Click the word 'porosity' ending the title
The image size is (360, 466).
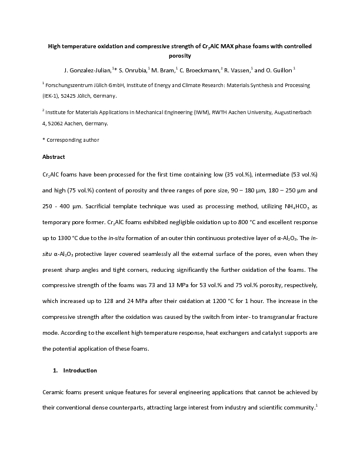click(179, 56)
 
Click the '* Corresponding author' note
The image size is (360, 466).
click(71, 140)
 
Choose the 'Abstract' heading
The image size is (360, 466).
click(54, 157)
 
